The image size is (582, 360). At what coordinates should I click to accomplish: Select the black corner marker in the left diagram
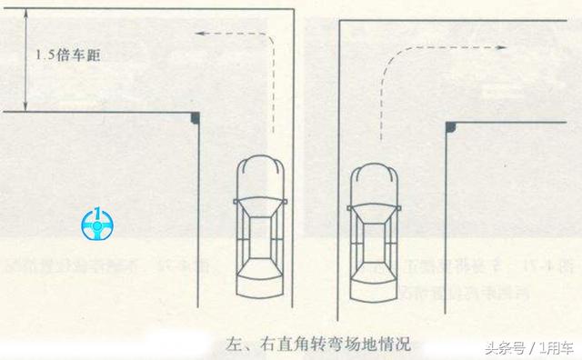tap(196, 118)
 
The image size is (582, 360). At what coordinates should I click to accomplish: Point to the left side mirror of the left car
tap(236, 198)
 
